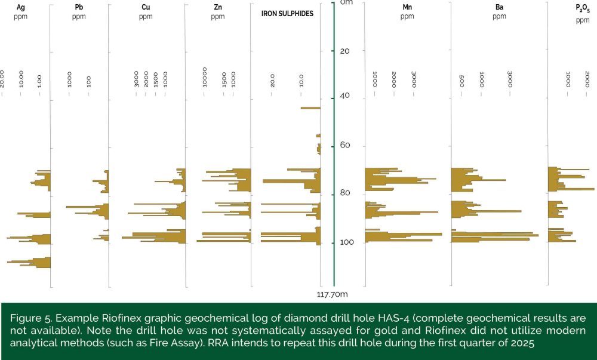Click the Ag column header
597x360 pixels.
pyautogui.click(x=21, y=7)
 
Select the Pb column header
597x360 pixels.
pyautogui.click(x=79, y=7)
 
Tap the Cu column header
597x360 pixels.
pyautogui.click(x=146, y=7)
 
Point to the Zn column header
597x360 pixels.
pyautogui.click(x=217, y=7)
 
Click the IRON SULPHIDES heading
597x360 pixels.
pyautogui.click(x=287, y=13)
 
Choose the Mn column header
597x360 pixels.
pyautogui.click(x=407, y=7)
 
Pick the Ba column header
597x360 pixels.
pyautogui.click(x=500, y=7)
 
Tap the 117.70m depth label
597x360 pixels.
pyautogui.click(x=333, y=294)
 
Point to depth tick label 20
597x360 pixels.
pyautogui.click(x=344, y=51)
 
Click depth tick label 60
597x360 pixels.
pyautogui.click(x=344, y=146)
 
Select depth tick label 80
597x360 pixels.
pyautogui.click(x=344, y=193)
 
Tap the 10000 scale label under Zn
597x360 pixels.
pyautogui.click(x=205, y=77)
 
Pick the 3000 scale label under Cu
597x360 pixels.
pyautogui.click(x=136, y=79)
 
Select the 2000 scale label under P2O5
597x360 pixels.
pyautogui.click(x=587, y=79)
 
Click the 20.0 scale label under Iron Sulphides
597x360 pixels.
pyautogui.click(x=272, y=80)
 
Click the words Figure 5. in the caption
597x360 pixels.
pyautogui.click(x=28, y=318)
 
